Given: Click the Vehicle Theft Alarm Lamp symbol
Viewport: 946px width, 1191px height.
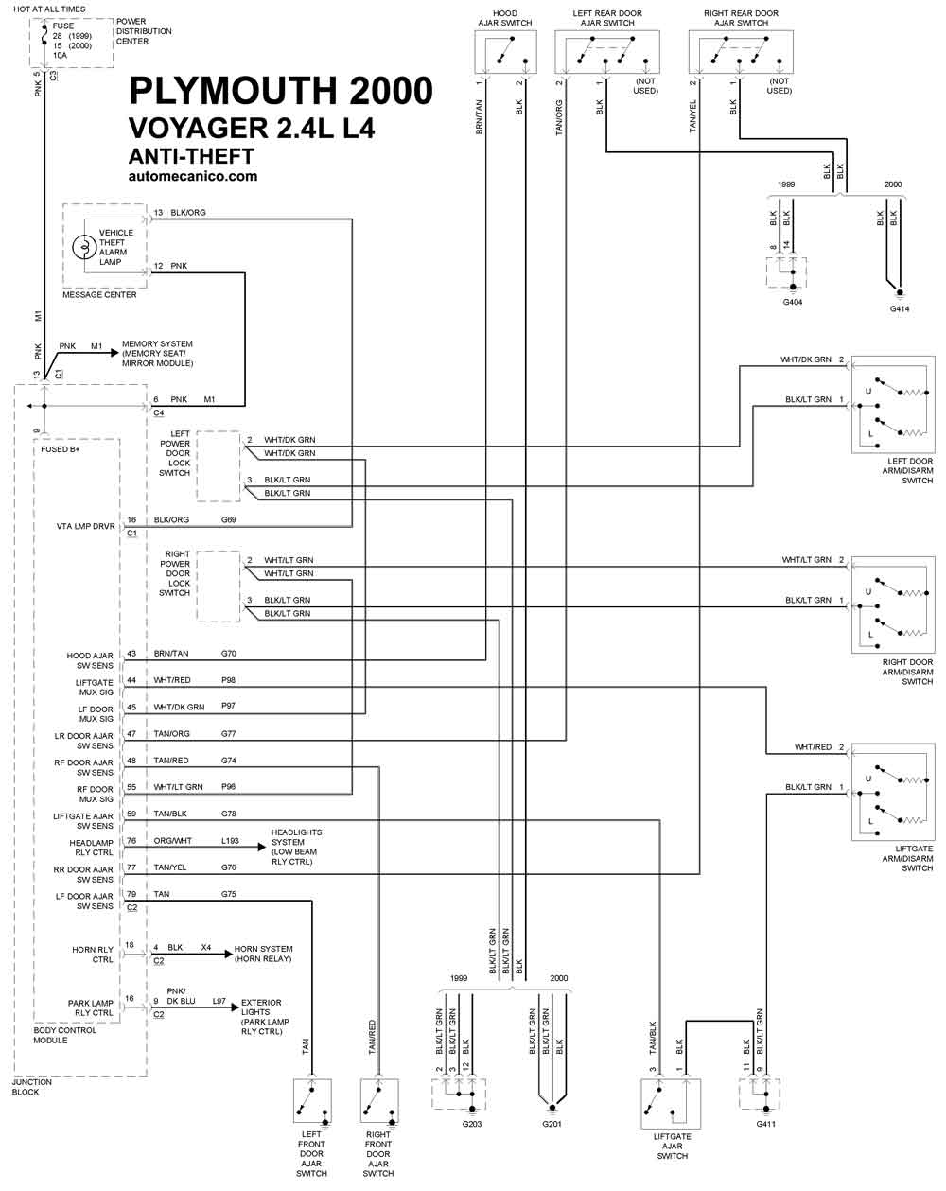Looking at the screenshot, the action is [84, 246].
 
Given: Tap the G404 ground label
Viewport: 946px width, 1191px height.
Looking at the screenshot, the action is [792, 302].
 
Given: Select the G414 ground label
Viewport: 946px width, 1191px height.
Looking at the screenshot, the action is [900, 308].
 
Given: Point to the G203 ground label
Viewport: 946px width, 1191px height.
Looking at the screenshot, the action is [472, 1124].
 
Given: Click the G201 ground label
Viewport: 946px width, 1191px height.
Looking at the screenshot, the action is [552, 1124].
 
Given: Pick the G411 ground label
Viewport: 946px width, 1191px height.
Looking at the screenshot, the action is [765, 1124].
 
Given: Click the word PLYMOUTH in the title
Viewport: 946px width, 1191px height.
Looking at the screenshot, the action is [233, 91].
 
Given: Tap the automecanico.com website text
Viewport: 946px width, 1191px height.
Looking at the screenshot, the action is [193, 177].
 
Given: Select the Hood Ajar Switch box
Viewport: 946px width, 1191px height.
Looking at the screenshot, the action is [505, 52].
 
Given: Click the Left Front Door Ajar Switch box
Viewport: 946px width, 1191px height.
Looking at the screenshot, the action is [313, 1100].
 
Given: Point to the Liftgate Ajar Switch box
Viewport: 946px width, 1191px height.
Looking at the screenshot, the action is [671, 1104].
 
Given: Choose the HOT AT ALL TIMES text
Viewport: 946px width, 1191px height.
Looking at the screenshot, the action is [49, 9].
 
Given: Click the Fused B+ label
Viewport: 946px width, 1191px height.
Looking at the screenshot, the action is [61, 449].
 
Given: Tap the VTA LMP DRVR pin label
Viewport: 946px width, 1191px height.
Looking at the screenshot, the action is [86, 526].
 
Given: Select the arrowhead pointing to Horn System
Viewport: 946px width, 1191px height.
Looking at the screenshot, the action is [228, 954].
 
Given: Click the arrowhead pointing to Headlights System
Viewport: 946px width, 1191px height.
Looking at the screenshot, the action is [262, 847].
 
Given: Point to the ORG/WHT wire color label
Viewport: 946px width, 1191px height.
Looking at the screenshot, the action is [173, 841].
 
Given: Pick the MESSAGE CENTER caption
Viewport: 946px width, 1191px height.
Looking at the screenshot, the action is [99, 295].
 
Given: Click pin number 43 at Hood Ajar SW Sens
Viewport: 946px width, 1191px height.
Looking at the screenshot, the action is [131, 654].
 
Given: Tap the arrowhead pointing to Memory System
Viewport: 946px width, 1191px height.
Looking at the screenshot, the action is [115, 353].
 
